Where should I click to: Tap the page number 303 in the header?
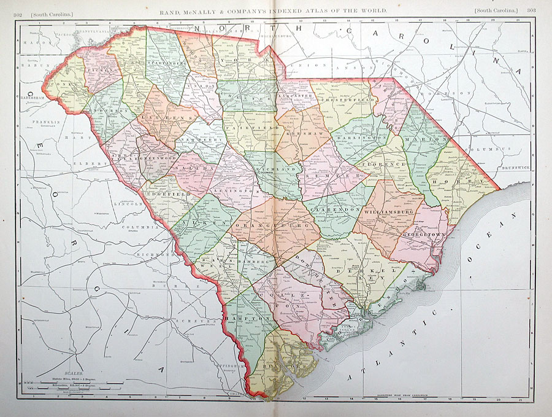[x=529, y=11]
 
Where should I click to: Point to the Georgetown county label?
[x=423, y=235]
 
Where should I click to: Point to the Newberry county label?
[x=196, y=141]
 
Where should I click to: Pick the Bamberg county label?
[x=254, y=262]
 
